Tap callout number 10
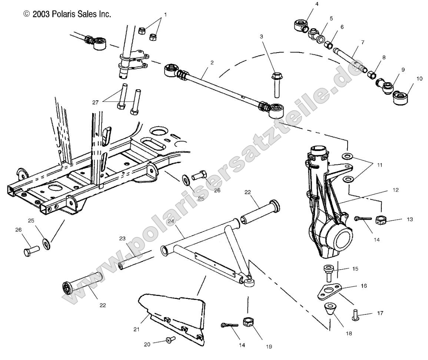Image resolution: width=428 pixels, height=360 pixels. [419, 79]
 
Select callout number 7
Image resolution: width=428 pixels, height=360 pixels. [362, 43]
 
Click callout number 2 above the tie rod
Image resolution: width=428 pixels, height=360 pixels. [212, 63]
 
